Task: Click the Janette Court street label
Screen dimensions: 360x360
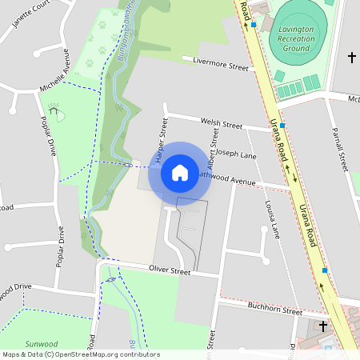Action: pyautogui.click(x=32, y=15)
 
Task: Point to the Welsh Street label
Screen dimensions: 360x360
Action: pyautogui.click(x=222, y=124)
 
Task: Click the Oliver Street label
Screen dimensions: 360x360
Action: pyautogui.click(x=170, y=272)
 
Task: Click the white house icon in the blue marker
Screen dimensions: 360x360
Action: pyautogui.click(x=180, y=172)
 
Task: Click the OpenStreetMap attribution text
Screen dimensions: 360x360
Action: pyautogui.click(x=80, y=354)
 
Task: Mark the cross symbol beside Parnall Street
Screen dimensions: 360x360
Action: pyautogui.click(x=351, y=58)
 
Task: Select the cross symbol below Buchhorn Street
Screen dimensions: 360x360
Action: pyautogui.click(x=323, y=326)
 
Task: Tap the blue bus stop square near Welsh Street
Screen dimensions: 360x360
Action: pyautogui.click(x=282, y=126)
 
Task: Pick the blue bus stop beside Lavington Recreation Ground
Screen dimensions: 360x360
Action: pyautogui.click(x=254, y=25)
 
